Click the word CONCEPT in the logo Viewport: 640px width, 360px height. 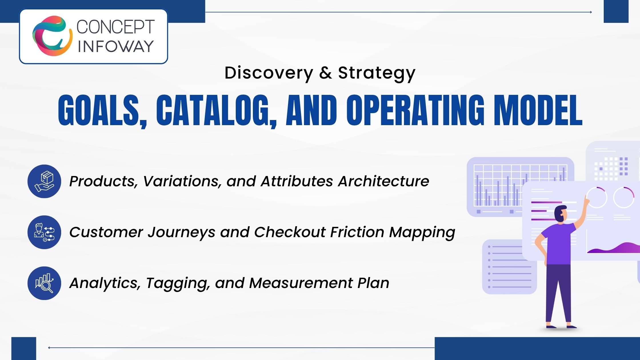[116, 27]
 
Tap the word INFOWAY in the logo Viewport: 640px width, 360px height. [116, 46]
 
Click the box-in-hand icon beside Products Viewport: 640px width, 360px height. [44, 181]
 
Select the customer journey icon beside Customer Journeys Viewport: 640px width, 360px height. [44, 232]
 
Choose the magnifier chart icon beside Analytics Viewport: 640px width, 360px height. [44, 283]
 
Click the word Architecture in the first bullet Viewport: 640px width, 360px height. [383, 181]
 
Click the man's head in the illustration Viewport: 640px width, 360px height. [561, 213]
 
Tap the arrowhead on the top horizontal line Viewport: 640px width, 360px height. [590, 12]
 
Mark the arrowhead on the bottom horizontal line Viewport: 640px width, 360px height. [50, 348]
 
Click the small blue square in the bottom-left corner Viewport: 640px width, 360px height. [24, 349]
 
